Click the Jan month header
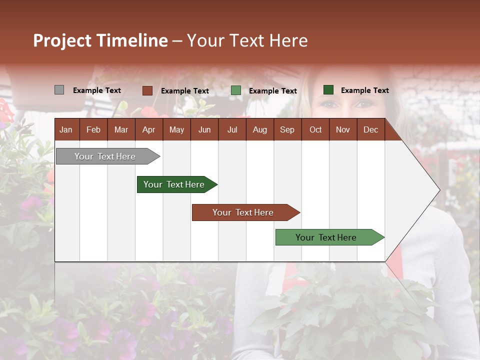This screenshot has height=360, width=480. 66,129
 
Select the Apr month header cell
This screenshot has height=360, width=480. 149,129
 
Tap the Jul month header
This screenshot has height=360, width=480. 232,129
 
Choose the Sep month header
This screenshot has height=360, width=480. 287,129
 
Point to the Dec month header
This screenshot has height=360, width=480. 370,129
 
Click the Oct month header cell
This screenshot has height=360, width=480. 315,129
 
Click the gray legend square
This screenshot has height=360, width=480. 59,90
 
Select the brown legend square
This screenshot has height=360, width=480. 147,90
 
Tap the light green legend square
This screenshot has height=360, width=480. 236,90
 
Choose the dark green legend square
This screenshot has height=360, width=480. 328,90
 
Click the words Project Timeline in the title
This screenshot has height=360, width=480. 100,40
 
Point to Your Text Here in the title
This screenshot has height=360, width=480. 247,40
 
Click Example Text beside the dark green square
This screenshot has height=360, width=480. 364,90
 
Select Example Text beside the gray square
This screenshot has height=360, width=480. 96,90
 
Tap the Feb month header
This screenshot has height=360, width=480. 93,129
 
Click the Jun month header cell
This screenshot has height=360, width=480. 204,129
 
